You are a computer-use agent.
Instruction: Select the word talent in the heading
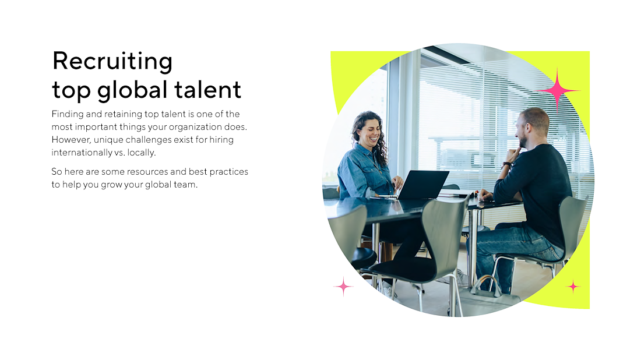(x=207, y=90)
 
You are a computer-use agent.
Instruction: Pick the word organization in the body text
(x=195, y=128)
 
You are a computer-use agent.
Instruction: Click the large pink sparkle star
(x=557, y=90)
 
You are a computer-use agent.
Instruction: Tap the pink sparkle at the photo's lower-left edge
(x=343, y=287)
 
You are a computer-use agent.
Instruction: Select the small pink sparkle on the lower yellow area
(x=573, y=287)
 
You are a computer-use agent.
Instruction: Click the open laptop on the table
(x=422, y=185)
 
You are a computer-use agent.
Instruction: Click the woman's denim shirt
(x=362, y=172)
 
